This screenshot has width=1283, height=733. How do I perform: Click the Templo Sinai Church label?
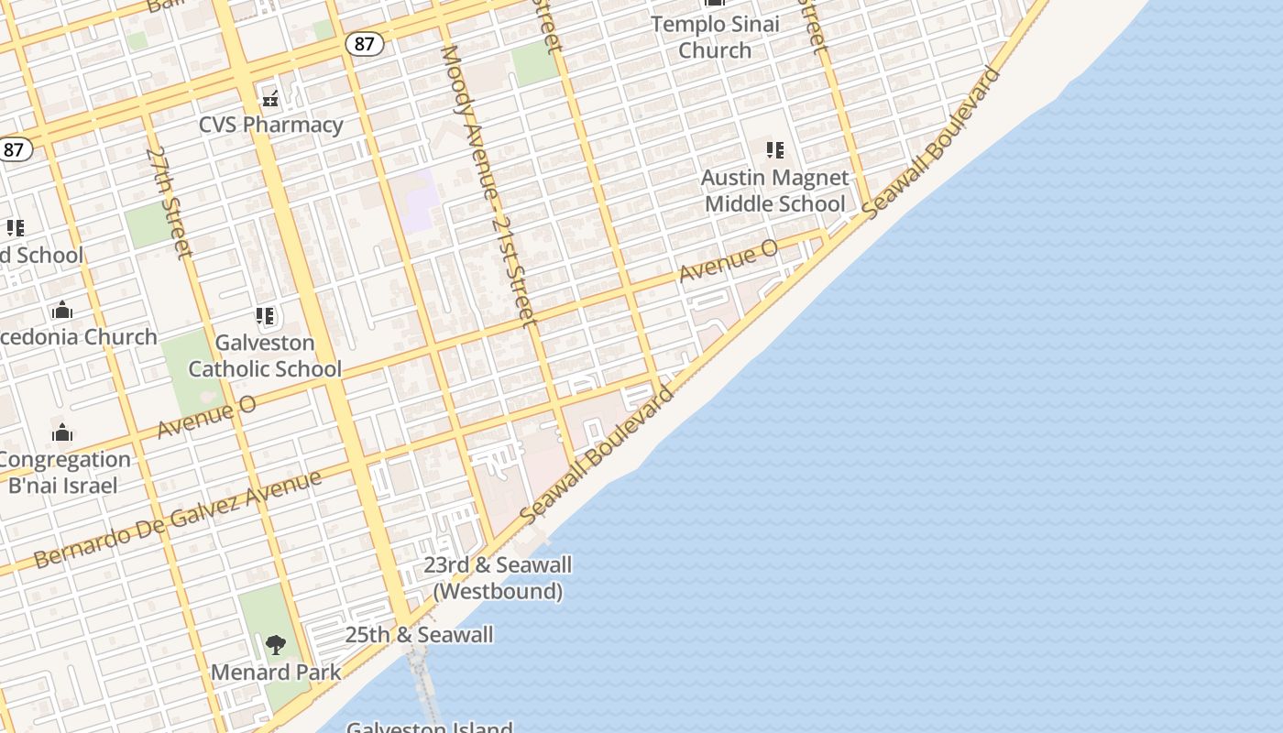click(715, 37)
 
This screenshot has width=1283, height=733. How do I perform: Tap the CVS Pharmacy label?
click(271, 125)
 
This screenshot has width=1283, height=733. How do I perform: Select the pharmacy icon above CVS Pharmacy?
click(270, 98)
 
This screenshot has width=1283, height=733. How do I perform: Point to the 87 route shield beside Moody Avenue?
click(364, 43)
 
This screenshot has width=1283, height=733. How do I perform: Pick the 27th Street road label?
click(169, 202)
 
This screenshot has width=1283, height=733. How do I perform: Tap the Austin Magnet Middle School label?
click(775, 191)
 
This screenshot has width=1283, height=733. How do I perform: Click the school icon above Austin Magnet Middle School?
click(775, 149)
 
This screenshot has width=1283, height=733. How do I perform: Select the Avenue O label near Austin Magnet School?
click(729, 260)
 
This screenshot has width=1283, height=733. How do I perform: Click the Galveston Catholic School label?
click(265, 356)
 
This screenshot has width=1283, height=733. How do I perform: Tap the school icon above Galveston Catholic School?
click(266, 317)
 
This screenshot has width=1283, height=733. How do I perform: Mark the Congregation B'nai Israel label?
click(64, 472)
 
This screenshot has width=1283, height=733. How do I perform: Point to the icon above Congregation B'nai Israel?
click(62, 432)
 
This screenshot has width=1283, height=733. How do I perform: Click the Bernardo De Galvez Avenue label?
click(179, 519)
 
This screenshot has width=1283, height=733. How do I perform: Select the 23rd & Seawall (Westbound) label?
click(498, 578)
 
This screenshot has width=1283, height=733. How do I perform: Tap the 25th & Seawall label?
click(419, 634)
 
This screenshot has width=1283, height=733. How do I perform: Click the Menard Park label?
click(276, 673)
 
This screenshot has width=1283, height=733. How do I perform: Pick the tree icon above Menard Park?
click(276, 645)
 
